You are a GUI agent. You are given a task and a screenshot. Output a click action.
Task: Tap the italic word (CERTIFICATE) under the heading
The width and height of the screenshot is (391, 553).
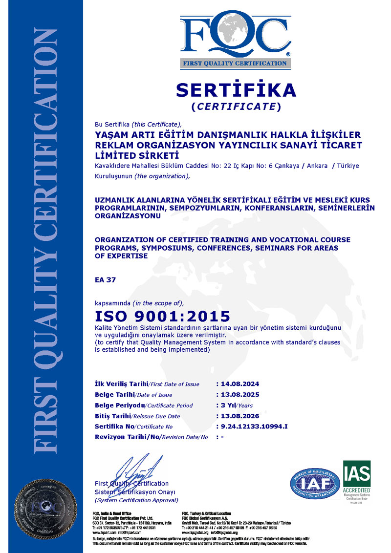click(x=236, y=106)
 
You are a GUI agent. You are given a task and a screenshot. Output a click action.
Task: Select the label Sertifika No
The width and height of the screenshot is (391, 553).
click(x=112, y=426)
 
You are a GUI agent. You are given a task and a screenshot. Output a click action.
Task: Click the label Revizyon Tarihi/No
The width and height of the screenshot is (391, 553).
click(x=127, y=437)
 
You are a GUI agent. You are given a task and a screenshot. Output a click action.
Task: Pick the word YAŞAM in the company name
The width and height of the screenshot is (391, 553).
click(x=111, y=134)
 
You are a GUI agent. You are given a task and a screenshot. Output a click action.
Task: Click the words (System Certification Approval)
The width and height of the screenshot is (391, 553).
click(x=136, y=500)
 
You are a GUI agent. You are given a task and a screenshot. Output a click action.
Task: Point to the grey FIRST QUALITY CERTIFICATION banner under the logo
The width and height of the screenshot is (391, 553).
click(x=235, y=63)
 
